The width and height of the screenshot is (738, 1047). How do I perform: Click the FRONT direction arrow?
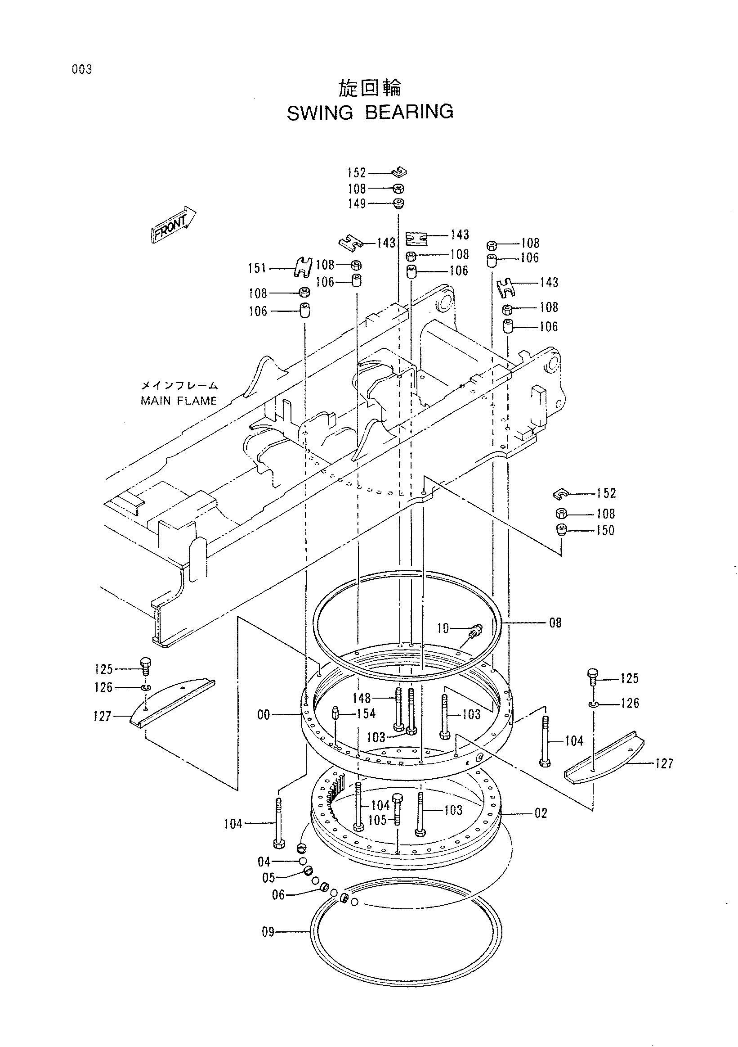click(174, 224)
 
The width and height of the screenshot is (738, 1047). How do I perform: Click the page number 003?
click(82, 70)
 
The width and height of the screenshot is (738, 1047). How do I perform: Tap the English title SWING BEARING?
click(370, 112)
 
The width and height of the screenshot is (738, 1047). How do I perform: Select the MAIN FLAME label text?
click(179, 401)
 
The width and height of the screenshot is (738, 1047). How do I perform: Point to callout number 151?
click(257, 268)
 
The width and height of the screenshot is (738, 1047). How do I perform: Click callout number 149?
click(357, 203)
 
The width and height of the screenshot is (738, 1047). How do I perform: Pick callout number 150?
click(605, 530)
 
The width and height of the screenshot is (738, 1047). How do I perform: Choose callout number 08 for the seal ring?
click(555, 623)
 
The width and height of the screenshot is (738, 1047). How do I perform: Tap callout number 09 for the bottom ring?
click(268, 932)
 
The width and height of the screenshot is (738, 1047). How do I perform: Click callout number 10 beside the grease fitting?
click(443, 628)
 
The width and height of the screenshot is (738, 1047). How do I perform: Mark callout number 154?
click(366, 713)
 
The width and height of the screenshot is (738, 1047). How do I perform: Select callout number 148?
click(362, 698)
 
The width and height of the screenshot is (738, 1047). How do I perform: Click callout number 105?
click(377, 821)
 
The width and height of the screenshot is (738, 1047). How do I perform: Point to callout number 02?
click(541, 813)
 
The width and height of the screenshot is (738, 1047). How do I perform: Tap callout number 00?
click(264, 714)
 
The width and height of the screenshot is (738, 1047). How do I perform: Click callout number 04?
click(264, 862)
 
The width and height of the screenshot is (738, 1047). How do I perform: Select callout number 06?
click(278, 895)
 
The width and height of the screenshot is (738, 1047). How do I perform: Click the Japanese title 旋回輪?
click(370, 88)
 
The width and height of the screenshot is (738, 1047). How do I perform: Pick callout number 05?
click(268, 877)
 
